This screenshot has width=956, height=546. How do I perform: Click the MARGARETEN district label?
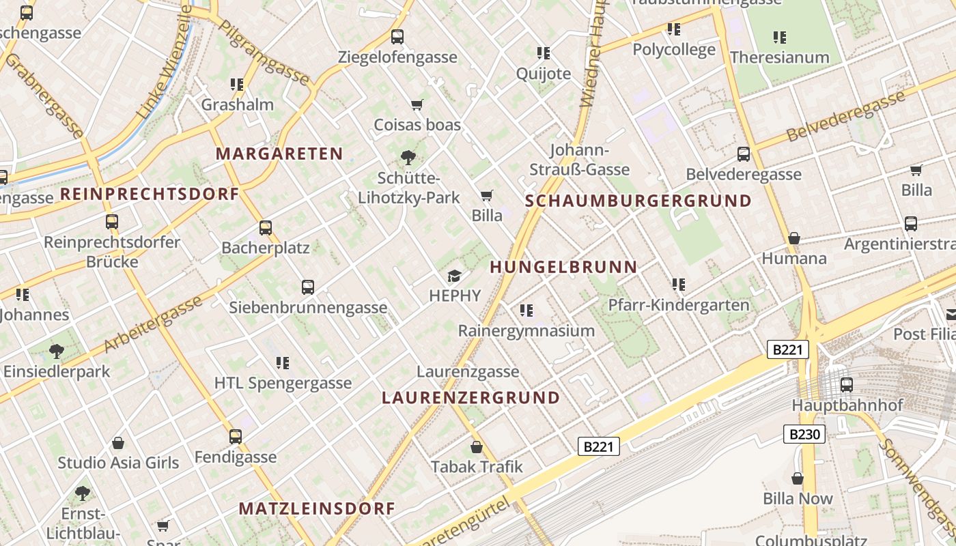click(279, 154)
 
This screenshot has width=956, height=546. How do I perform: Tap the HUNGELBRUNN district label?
click(563, 267)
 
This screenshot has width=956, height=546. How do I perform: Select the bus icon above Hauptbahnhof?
click(847, 385)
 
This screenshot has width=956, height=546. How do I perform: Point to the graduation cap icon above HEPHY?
click(454, 276)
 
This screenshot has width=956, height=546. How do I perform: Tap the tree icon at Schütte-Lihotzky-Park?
click(408, 158)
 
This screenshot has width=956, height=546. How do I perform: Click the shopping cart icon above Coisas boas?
click(417, 105)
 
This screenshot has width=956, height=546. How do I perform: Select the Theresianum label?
click(779, 57)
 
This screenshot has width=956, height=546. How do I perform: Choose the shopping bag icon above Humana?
click(793, 238)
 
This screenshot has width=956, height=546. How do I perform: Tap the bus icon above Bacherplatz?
click(266, 228)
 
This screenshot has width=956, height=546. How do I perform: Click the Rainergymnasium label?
click(526, 331)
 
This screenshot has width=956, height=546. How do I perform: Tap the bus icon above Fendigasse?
click(236, 436)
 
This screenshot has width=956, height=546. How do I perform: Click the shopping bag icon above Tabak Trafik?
click(477, 447)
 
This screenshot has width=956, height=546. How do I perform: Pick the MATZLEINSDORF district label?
click(317, 508)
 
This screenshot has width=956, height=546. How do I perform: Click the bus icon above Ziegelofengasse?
click(397, 37)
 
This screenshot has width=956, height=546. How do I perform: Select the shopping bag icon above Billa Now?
click(797, 478)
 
